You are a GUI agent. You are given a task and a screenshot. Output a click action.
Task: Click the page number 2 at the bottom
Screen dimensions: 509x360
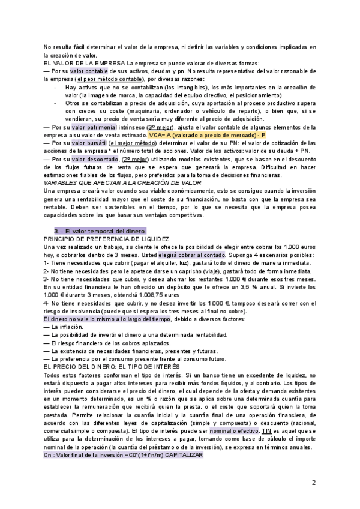(313, 483)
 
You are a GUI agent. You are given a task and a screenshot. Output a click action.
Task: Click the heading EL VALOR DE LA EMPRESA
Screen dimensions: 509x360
(85, 64)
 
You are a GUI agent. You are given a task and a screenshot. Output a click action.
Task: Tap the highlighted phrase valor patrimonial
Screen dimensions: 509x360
(92, 128)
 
